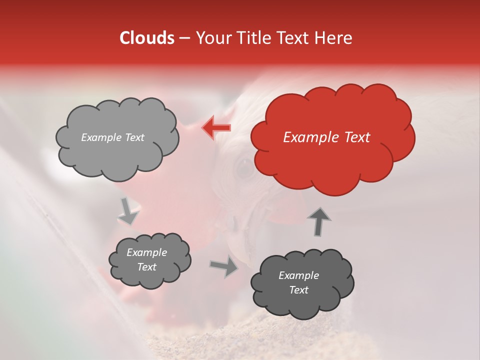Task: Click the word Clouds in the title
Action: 147,38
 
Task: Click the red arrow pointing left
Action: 217,127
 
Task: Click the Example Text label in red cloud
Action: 326,137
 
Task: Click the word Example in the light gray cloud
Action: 99,137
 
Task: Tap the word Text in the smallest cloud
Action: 147,267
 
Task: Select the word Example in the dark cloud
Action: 298,275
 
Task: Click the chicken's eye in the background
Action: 245,169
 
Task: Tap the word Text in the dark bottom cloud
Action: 298,290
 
